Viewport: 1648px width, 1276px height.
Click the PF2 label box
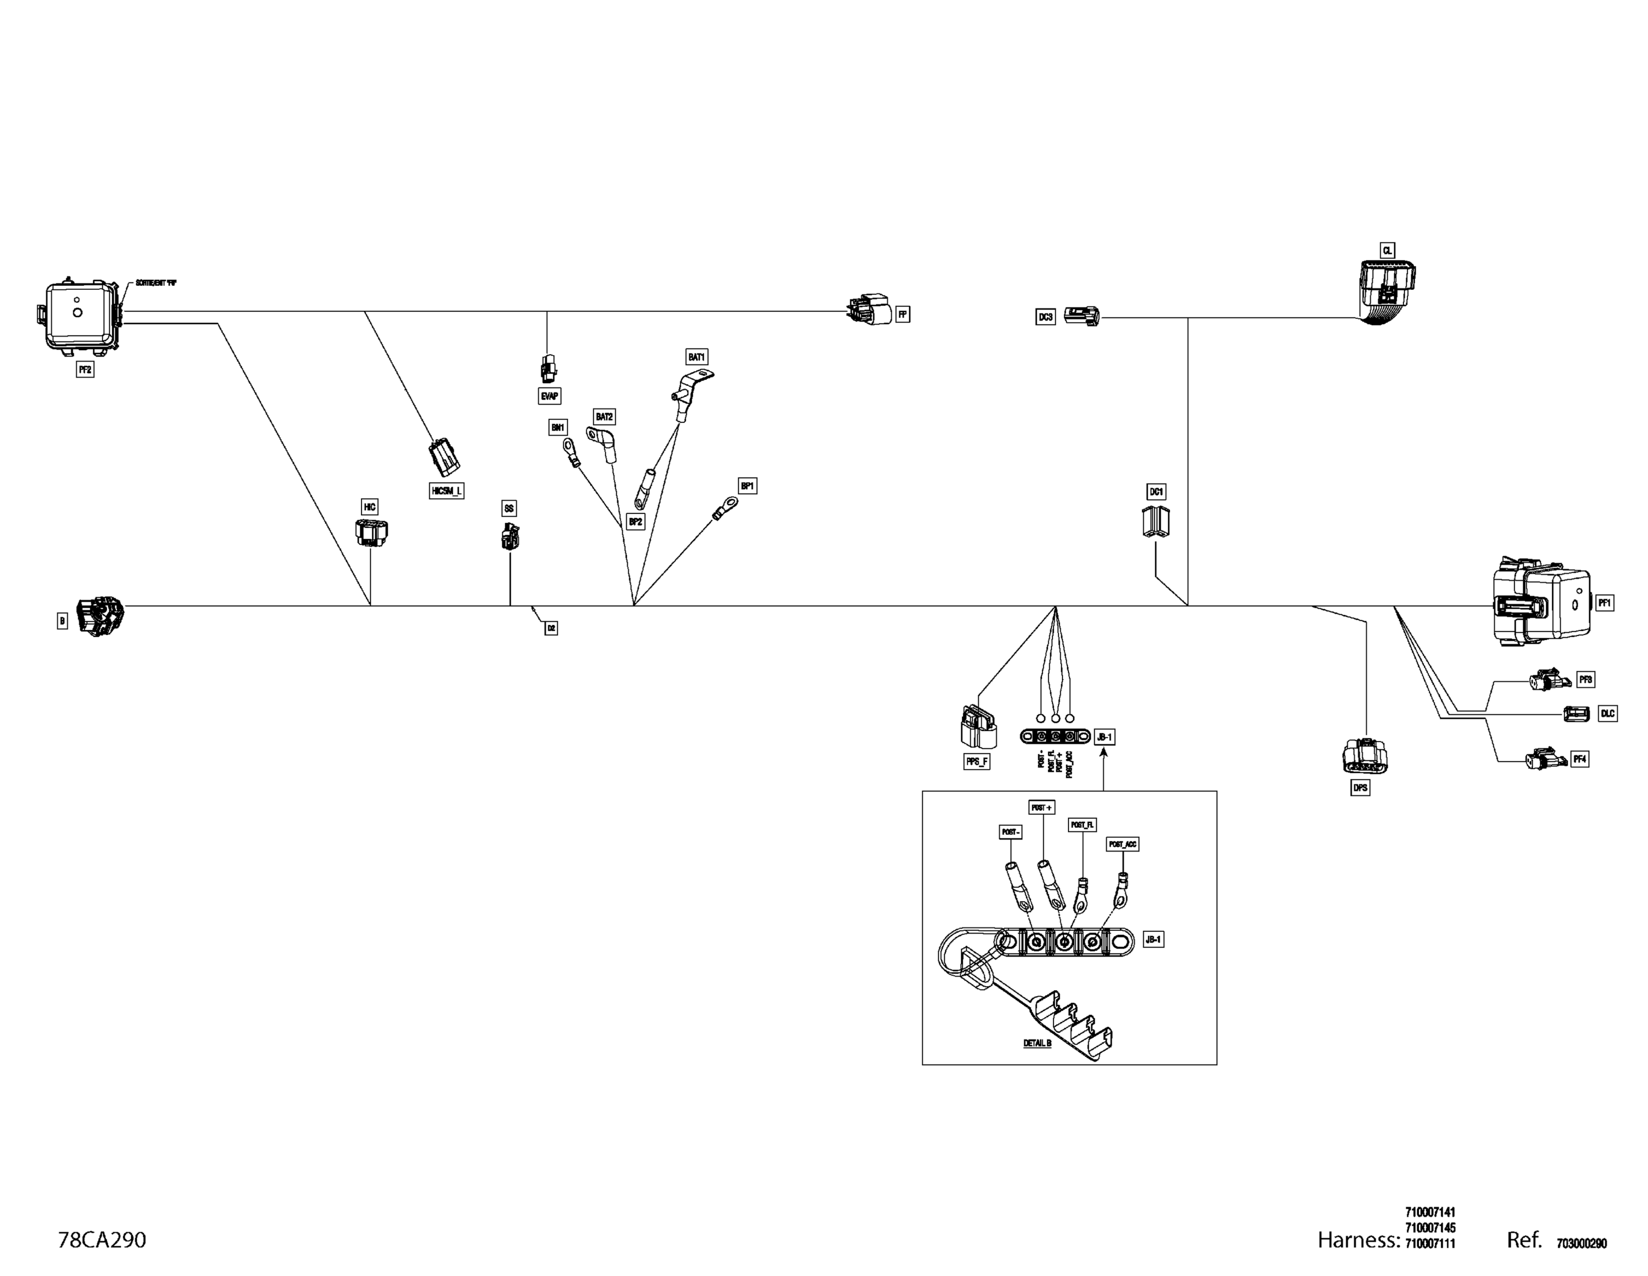pyautogui.click(x=85, y=369)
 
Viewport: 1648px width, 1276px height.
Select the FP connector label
pyautogui.click(x=903, y=314)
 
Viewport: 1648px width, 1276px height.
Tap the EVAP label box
pyautogui.click(x=549, y=396)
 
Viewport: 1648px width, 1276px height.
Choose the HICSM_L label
pyautogui.click(x=446, y=491)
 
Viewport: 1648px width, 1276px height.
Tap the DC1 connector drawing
pyautogui.click(x=1155, y=522)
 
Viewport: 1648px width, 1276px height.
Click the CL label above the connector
pyautogui.click(x=1387, y=250)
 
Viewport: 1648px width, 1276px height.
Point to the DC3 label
pyautogui.click(x=1045, y=317)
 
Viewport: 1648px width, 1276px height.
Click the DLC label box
pyautogui.click(x=1607, y=714)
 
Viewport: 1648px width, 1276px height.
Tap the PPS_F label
pyautogui.click(x=976, y=762)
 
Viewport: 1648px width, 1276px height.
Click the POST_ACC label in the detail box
pyautogui.click(x=1122, y=844)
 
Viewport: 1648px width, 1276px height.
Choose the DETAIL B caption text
pyautogui.click(x=1037, y=1043)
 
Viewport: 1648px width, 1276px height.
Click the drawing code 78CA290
pyautogui.click(x=102, y=1240)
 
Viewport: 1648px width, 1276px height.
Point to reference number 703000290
pyautogui.click(x=1582, y=1244)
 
